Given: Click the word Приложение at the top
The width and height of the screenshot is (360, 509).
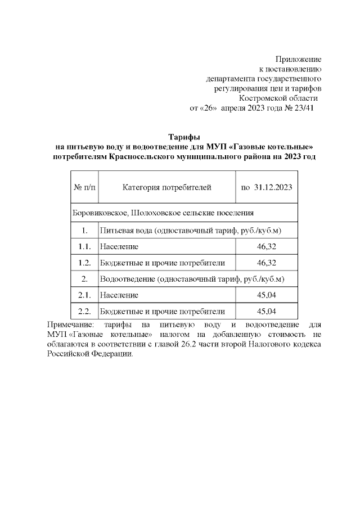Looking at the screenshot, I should coord(298,59).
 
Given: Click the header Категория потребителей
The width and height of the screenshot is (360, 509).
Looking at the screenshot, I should coord(166,187).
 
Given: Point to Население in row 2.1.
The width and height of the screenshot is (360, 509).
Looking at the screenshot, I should coord(119,295).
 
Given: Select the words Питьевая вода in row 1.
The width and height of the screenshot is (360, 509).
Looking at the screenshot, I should coord(125,231).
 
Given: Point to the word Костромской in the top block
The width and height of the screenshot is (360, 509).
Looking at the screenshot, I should coord(262,98).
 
